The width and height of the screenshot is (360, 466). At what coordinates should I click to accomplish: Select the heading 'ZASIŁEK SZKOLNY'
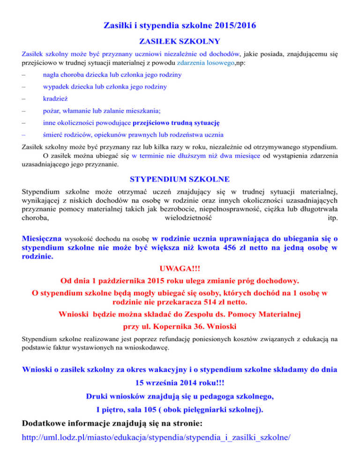click(x=180, y=41)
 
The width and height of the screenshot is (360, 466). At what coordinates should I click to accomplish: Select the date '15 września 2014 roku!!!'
click(x=180, y=382)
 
